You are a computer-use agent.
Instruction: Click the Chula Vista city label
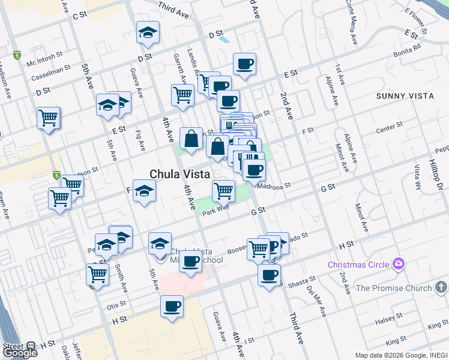pyautogui.click(x=179, y=174)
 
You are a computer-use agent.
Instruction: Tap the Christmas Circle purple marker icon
pyautogui.click(x=398, y=263)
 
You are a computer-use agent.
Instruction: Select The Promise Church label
pyautogui.click(x=394, y=288)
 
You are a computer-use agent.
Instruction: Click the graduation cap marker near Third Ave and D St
pyautogui.click(x=148, y=34)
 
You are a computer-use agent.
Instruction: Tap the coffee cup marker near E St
pyautogui.click(x=244, y=64)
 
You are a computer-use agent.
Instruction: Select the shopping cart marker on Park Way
pyautogui.click(x=223, y=191)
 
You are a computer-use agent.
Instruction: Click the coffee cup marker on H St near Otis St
pyautogui.click(x=172, y=307)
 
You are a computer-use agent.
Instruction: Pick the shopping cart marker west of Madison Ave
pyautogui.click(x=48, y=118)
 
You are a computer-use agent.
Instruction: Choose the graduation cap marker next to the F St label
pyautogui.click(x=143, y=192)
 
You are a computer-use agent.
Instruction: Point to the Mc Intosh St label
pyautogui.click(x=44, y=58)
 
